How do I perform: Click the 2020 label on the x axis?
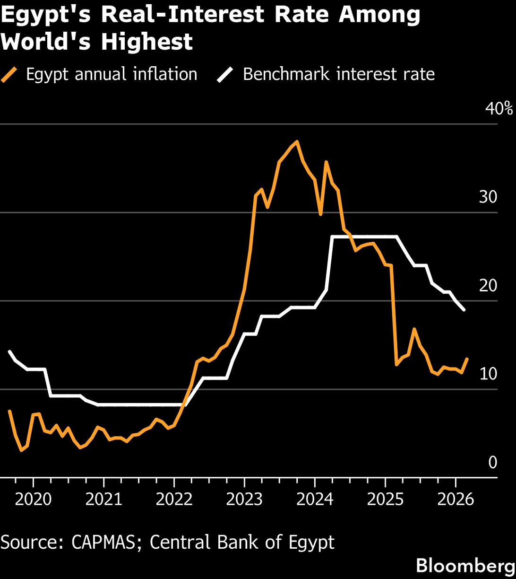33,500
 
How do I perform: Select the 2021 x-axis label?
103,500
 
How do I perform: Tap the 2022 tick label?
174,500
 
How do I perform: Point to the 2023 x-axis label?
244,500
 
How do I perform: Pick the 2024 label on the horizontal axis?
315,500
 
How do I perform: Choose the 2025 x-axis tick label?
385,500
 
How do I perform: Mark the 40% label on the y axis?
499,109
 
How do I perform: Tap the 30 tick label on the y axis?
488,197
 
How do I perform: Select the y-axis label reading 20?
488,286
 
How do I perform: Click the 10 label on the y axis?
488,374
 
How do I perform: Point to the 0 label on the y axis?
493,462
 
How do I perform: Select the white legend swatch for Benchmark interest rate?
225,75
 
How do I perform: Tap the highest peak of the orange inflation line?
297,141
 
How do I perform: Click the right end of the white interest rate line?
464,310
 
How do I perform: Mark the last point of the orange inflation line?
467,359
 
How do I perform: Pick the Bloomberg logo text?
465,566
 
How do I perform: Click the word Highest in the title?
147,42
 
